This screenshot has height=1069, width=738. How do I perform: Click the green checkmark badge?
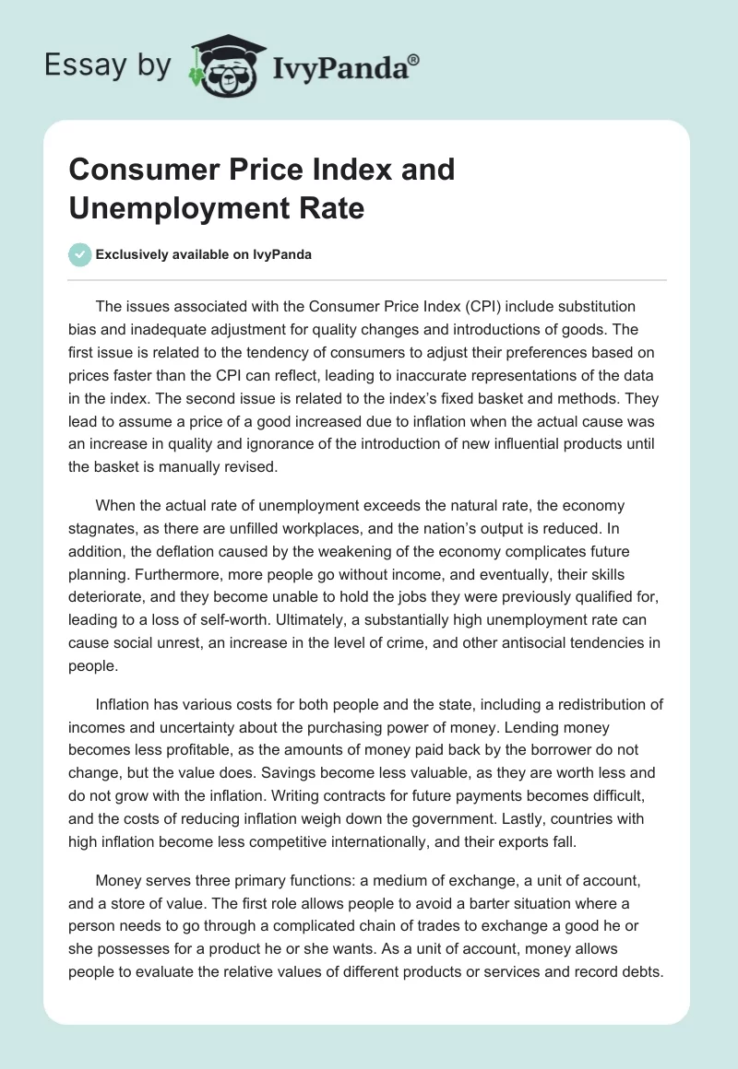(80, 254)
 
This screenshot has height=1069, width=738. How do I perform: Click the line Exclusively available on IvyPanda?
(203, 254)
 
